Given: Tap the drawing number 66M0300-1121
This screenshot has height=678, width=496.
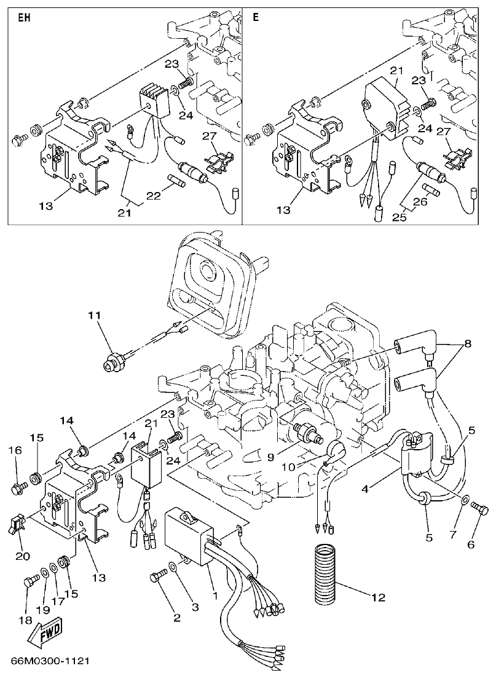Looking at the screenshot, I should [x=50, y=661].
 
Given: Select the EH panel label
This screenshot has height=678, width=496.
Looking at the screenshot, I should [x=23, y=18].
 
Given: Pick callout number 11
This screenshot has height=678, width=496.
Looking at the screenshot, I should [x=93, y=316].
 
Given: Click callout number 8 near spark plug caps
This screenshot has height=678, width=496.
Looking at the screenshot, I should [x=468, y=344].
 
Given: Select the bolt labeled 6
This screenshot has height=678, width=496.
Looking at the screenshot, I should [x=479, y=509].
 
